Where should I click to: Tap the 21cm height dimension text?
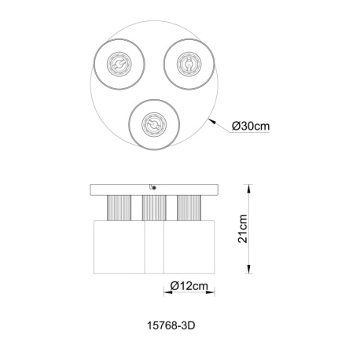click(244, 230)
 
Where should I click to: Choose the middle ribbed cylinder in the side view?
click(152, 208)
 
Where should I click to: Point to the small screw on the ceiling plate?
click(152, 189)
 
